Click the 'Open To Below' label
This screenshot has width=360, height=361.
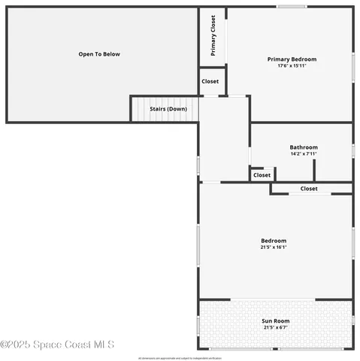pyautogui.click(x=99, y=54)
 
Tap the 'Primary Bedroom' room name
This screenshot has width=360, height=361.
pyautogui.click(x=292, y=59)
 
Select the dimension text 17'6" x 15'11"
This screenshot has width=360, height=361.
pyautogui.click(x=292, y=66)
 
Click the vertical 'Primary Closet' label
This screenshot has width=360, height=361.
pyautogui.click(x=213, y=36)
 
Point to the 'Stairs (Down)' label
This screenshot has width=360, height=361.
pyautogui.click(x=168, y=109)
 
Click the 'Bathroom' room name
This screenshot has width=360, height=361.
pyautogui.click(x=304, y=147)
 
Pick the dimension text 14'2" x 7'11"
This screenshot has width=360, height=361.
pyautogui.click(x=304, y=154)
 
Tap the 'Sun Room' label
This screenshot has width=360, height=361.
pyautogui.click(x=275, y=321)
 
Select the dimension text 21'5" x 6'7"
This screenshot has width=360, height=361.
pyautogui.click(x=275, y=328)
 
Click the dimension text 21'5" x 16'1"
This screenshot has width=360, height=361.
pyautogui.click(x=274, y=247)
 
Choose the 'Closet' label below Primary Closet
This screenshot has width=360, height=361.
pyautogui.click(x=210, y=81)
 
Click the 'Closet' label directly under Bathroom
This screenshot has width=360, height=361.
pyautogui.click(x=262, y=175)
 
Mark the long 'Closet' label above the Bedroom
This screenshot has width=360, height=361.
pyautogui.click(x=309, y=189)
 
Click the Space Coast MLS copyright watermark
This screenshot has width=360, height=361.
pyautogui.click(x=57, y=344)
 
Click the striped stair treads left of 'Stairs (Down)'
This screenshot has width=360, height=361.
pyautogui.click(x=139, y=110)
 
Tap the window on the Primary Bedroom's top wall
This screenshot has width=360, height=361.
pyautogui.click(x=291, y=8)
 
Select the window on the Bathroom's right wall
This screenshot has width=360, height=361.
pyautogui.click(x=352, y=150)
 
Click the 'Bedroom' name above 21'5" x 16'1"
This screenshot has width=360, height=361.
pyautogui.click(x=274, y=241)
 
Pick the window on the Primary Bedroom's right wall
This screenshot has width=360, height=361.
pyautogui.click(x=352, y=65)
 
